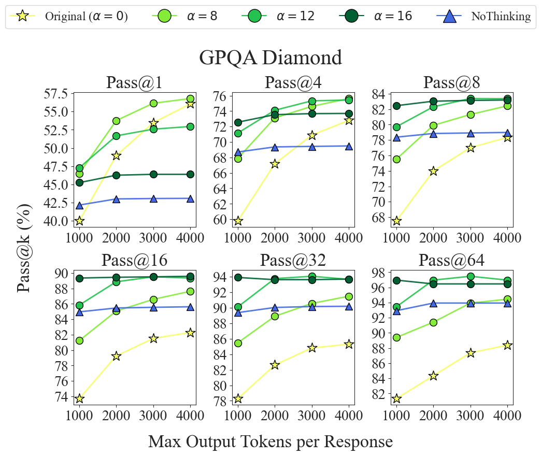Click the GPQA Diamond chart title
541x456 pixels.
coord(270,57)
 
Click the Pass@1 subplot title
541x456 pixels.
coord(135,83)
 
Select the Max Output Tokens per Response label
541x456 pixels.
coord(270,441)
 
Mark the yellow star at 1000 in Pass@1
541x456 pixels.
coord(79,221)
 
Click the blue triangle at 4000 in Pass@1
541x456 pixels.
coord(191,198)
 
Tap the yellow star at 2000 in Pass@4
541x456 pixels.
coord(275,164)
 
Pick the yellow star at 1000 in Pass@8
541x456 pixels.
coord(396,221)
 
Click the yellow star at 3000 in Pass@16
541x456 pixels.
coord(153,338)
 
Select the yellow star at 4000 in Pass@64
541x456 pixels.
coord(507,345)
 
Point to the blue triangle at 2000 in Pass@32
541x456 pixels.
coord(275,308)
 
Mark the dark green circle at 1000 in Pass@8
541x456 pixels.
coord(396,106)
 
